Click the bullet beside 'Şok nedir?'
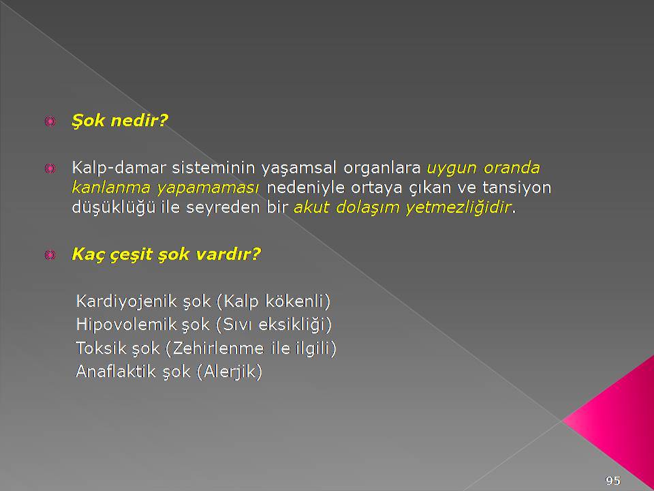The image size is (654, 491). [50, 121]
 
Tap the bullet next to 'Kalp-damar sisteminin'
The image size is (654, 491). [50, 168]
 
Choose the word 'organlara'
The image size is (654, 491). [382, 168]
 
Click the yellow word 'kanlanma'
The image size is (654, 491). [111, 188]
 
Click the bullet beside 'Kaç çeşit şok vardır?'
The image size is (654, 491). [50, 254]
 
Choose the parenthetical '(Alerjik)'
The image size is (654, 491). [230, 372]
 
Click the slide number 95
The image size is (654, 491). [612, 481]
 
